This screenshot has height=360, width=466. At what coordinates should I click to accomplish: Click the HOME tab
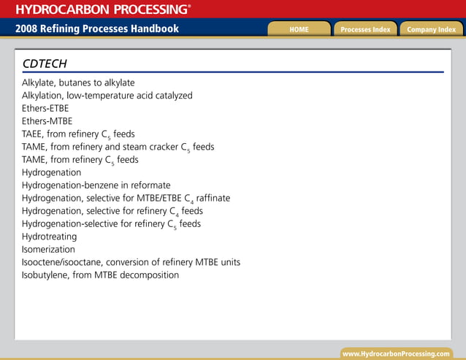(299, 29)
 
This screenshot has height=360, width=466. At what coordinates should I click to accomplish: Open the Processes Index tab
(365, 29)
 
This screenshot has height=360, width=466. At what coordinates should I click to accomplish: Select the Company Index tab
(431, 29)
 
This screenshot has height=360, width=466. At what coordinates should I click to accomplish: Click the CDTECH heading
(45, 64)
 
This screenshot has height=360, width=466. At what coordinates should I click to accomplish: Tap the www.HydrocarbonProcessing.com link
(396, 353)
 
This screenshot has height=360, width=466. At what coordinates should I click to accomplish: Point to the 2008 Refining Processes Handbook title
(97, 29)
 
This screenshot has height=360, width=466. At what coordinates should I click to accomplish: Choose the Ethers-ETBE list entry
(45, 108)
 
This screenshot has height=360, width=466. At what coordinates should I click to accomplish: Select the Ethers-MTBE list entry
(47, 121)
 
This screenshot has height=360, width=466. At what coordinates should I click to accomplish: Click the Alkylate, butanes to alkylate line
(78, 83)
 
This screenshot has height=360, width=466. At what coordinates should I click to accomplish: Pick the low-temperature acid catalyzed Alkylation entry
(107, 96)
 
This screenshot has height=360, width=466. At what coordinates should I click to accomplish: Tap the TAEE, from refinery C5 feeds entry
(78, 134)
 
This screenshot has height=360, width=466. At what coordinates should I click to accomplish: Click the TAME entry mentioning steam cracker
(118, 147)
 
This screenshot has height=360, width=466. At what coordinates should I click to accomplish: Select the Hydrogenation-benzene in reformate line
(96, 185)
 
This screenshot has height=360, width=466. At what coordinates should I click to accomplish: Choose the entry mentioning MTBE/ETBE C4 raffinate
(126, 198)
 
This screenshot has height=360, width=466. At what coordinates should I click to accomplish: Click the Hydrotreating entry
(49, 237)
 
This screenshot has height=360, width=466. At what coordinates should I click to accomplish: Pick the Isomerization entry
(48, 249)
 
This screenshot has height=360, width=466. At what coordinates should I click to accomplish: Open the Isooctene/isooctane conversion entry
(131, 262)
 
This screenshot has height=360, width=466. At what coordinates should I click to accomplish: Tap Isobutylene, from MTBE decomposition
(100, 275)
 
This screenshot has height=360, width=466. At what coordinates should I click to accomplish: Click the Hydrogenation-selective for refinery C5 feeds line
(111, 224)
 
